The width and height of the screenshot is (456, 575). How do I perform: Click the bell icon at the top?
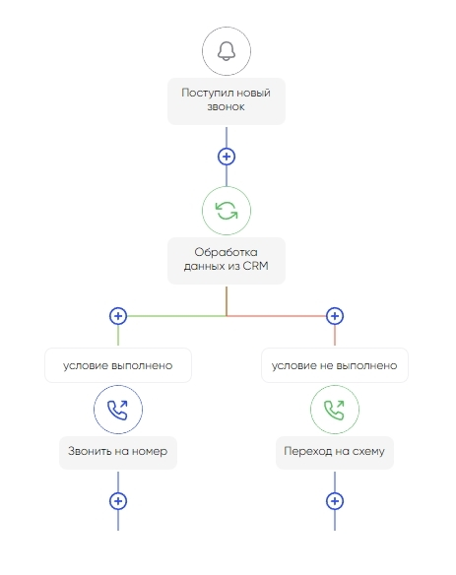[227, 51]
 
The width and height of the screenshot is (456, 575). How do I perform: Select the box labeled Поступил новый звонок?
[227, 101]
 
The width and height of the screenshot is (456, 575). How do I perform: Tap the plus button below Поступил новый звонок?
[227, 157]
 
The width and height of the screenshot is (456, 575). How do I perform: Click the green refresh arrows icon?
[227, 211]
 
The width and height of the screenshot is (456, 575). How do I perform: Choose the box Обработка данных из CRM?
[227, 261]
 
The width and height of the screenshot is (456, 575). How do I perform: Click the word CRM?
[255, 266]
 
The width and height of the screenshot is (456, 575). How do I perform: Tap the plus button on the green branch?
[118, 316]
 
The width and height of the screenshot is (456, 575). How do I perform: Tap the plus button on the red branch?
[335, 316]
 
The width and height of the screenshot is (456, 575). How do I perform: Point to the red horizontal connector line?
[276, 316]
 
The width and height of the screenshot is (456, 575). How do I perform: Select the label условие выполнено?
[118, 365]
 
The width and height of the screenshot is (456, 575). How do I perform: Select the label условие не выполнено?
[335, 365]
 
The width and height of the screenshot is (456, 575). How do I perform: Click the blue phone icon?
[118, 410]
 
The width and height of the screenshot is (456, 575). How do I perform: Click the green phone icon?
[335, 410]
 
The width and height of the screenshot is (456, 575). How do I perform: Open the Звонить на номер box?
[118, 452]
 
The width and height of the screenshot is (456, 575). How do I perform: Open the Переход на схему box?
[335, 452]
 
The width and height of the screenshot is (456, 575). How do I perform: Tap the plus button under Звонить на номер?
[118, 501]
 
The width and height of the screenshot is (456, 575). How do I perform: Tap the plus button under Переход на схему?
[335, 501]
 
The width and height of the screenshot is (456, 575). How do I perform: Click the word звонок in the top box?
[226, 106]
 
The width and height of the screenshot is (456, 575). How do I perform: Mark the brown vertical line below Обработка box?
[227, 301]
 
